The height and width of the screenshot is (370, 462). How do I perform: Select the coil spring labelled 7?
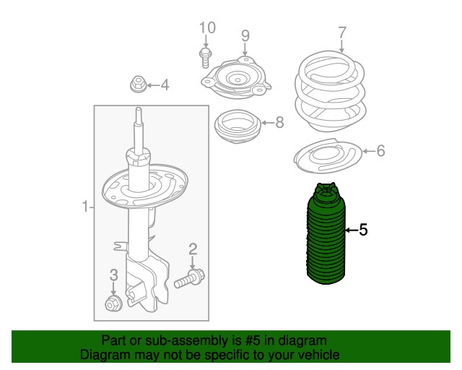pos(331,92)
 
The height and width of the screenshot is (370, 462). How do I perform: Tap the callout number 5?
pos(363,230)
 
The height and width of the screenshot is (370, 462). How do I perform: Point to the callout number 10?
pos(207,27)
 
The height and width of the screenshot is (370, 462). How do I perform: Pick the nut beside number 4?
pos(138,84)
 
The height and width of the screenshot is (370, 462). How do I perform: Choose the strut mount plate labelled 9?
pos(236,79)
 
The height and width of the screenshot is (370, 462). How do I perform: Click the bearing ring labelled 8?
pos(237,126)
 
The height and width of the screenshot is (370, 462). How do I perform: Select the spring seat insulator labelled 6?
pos(328,155)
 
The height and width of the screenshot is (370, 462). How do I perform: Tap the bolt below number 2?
pos(189,278)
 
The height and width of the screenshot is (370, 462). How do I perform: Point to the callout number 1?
pos(85,207)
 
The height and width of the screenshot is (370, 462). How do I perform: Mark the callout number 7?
pos(341,33)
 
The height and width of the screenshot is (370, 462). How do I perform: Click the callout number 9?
pos(245,35)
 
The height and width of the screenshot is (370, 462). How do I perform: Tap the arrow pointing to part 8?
pos(268,122)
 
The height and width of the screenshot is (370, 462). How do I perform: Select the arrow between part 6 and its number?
pos(368,151)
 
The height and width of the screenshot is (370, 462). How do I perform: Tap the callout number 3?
pos(114,275)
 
